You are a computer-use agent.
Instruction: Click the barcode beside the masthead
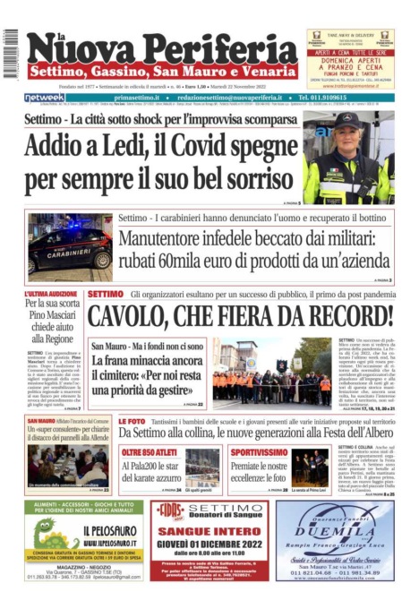[x=11, y=53]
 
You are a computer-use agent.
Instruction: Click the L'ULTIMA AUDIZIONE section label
[x=50, y=295]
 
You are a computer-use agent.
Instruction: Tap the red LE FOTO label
[x=131, y=421]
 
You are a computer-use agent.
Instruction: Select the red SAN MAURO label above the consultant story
[x=42, y=420]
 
